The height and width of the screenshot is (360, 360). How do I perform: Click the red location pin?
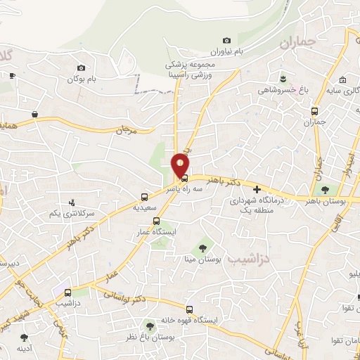point(181,165)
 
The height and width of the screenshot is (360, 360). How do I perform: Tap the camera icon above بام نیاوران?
point(226,41)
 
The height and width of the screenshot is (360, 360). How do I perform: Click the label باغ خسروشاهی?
point(278,90)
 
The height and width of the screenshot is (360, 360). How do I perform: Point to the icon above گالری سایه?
point(343,79)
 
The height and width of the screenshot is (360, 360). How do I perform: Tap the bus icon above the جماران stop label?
point(314,111)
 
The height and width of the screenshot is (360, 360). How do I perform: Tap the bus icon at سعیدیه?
point(144,197)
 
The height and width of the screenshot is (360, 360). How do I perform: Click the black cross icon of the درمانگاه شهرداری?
point(257,189)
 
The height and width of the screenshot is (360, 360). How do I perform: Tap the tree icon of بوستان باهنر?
point(325,189)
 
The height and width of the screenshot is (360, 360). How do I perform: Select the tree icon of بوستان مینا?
point(202,247)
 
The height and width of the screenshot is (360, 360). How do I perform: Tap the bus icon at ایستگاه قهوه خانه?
point(188,309)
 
